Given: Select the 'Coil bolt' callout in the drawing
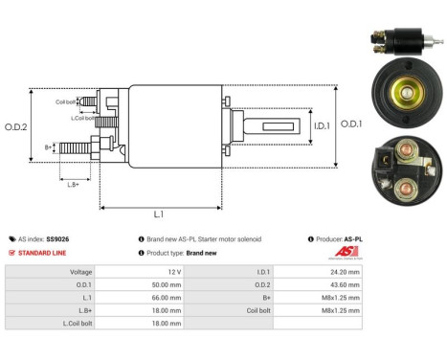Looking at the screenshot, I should [65, 100].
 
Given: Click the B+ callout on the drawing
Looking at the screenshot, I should [49, 146].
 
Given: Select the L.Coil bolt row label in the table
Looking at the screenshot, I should [86, 323].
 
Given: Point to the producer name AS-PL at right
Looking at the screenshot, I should [354, 238].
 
